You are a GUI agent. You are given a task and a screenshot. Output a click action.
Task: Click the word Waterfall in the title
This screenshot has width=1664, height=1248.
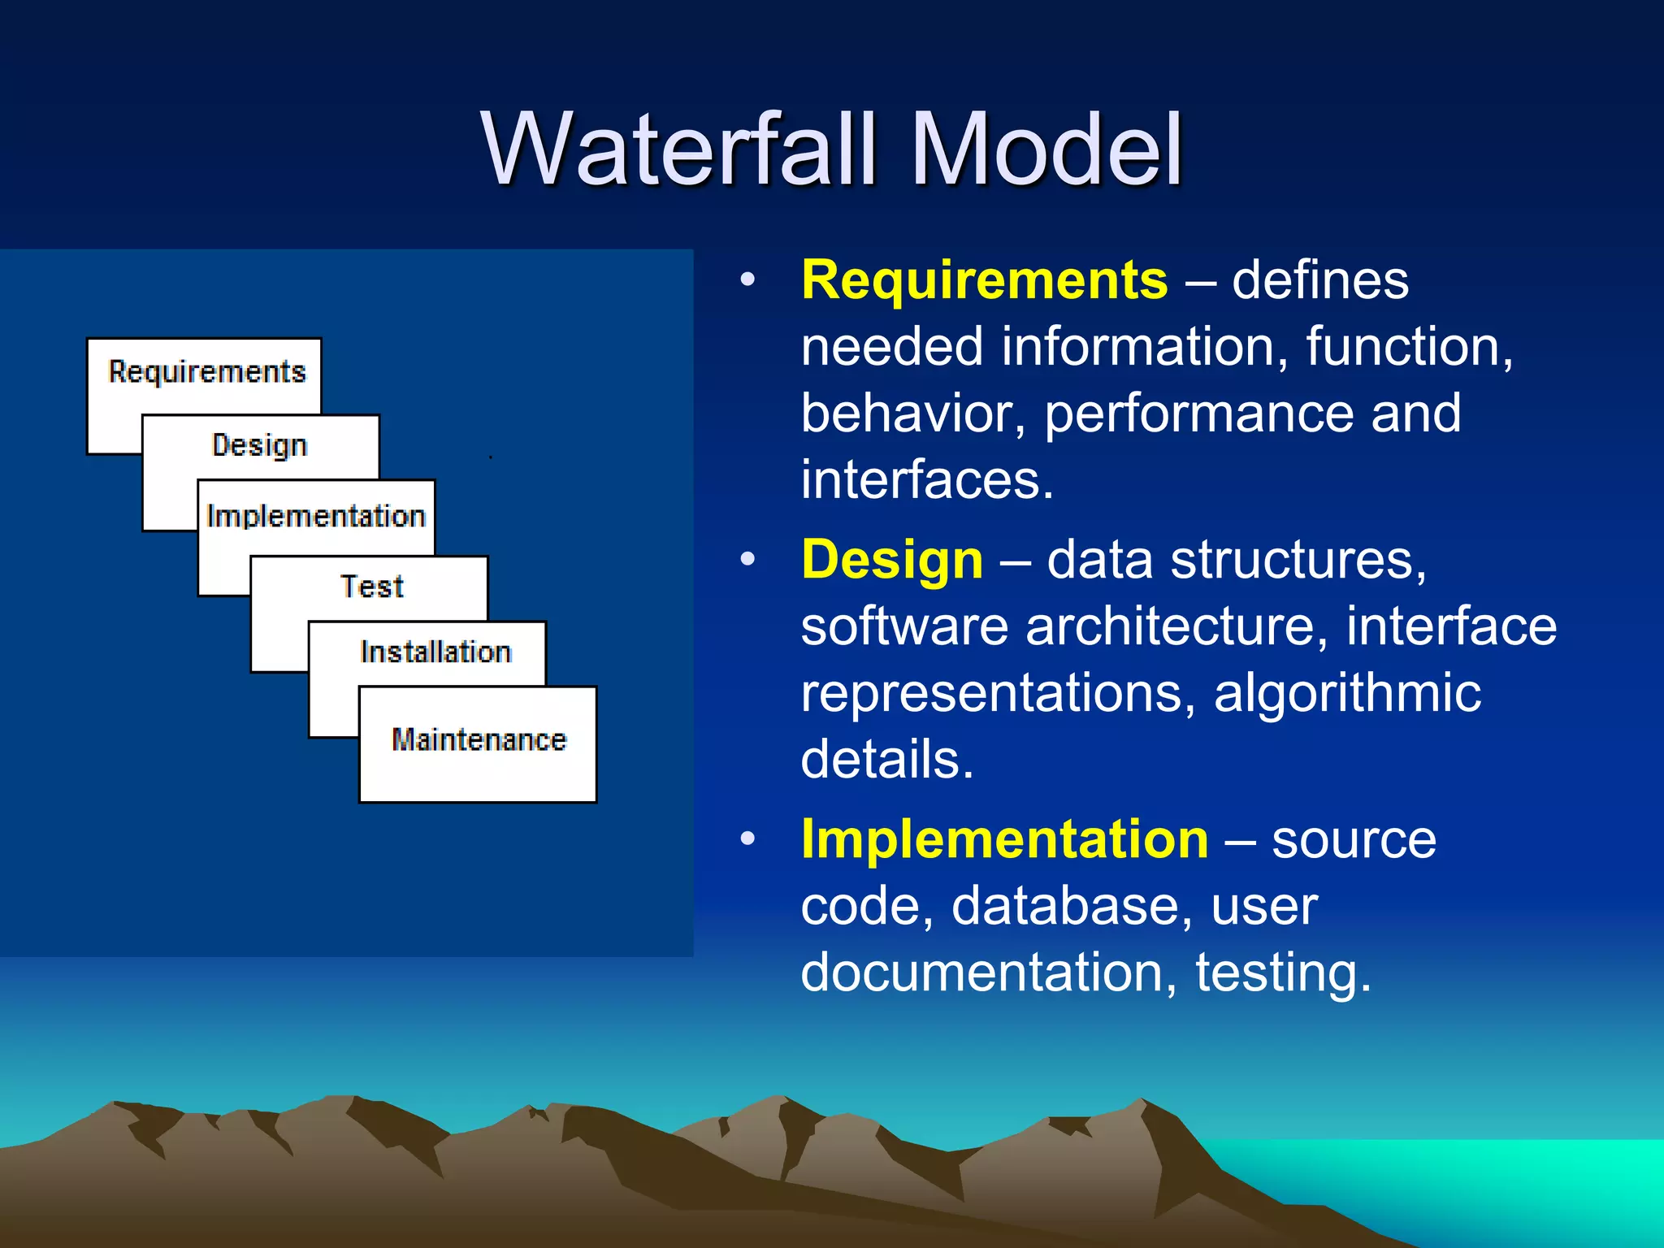click(678, 149)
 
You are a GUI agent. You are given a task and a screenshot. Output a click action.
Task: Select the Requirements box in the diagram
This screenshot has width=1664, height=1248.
click(206, 372)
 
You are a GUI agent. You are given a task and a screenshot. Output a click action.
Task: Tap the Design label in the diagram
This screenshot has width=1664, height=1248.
click(259, 445)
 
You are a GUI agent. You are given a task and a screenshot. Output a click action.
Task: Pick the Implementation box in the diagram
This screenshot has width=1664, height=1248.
click(316, 517)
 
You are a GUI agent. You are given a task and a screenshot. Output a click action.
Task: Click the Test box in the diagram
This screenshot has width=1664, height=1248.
click(371, 587)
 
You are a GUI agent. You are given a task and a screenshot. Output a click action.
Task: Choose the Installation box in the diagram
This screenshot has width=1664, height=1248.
click(435, 652)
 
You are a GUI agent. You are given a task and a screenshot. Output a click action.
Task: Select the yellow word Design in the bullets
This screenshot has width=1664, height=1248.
click(892, 561)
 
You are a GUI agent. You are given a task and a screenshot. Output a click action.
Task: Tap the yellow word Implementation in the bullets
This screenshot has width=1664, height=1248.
click(1004, 839)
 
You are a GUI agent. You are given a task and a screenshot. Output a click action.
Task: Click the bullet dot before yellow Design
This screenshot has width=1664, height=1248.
click(747, 560)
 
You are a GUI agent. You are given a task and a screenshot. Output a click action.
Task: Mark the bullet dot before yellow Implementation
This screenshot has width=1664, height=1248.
click(747, 838)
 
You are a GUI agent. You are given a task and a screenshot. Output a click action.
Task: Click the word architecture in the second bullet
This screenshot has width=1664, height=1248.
click(1170, 627)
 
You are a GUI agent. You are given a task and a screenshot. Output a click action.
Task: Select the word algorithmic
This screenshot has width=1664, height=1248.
click(1347, 694)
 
